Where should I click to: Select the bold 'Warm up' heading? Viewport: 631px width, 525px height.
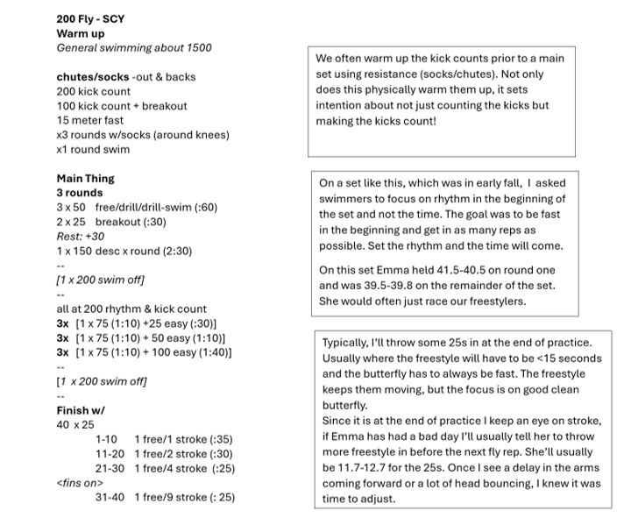[x=81, y=33]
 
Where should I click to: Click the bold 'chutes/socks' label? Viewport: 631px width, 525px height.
[x=92, y=77]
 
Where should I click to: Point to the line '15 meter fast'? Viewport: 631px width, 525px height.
[x=90, y=120]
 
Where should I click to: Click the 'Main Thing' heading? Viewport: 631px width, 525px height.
[x=86, y=179]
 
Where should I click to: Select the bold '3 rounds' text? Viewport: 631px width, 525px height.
[x=80, y=193]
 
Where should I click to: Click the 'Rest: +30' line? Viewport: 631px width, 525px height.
[x=81, y=237]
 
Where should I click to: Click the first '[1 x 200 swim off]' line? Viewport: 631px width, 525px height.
[x=101, y=280]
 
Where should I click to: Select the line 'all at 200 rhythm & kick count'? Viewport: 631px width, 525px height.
[x=131, y=309]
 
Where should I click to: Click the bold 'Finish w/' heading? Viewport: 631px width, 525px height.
[x=82, y=410]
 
